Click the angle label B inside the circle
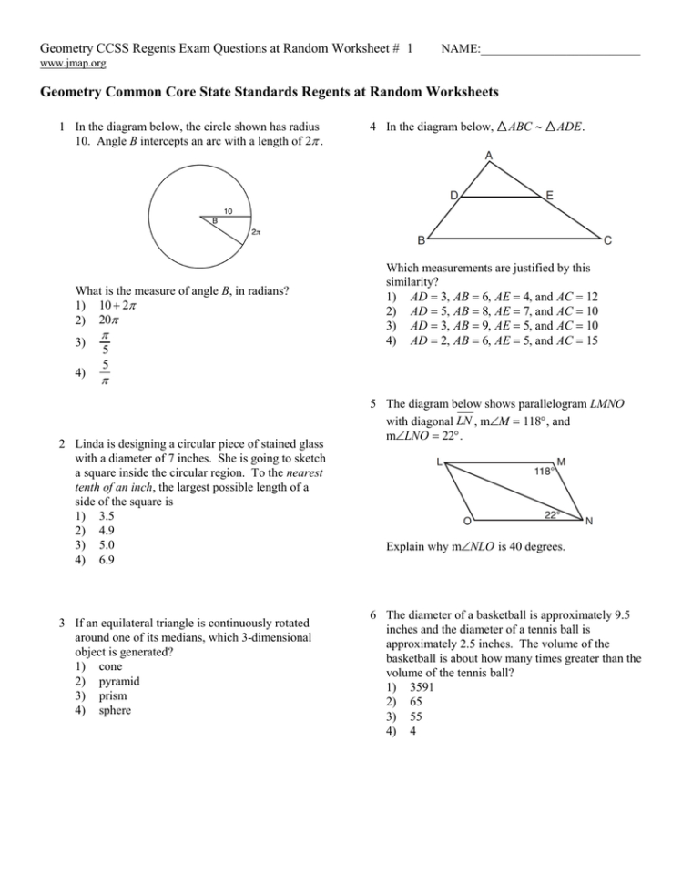tap(214, 221)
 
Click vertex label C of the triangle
tap(607, 240)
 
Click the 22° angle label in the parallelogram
tap(552, 514)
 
